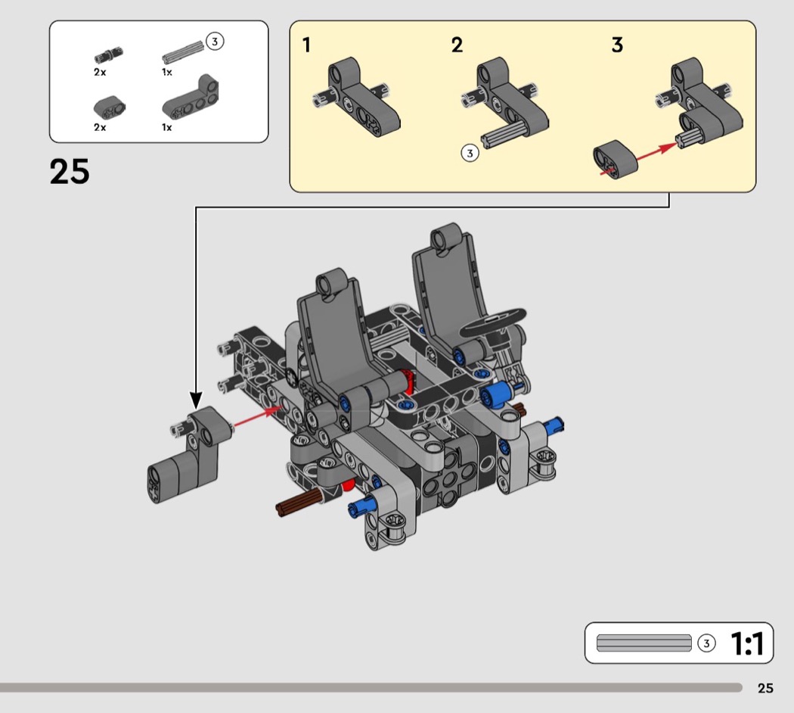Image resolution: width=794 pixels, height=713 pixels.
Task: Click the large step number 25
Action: pyautogui.click(x=70, y=171)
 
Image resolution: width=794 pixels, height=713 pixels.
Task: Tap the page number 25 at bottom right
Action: pyautogui.click(x=765, y=688)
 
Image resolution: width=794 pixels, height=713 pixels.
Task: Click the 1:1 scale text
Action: pyautogui.click(x=747, y=643)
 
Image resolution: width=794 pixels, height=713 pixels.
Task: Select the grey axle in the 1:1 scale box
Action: pyautogui.click(x=644, y=643)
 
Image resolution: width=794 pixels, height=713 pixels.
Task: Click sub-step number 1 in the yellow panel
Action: pyautogui.click(x=306, y=45)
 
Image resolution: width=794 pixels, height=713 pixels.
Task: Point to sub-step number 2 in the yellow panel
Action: pyautogui.click(x=457, y=45)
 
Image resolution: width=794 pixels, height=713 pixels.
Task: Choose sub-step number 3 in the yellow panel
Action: pyautogui.click(x=617, y=45)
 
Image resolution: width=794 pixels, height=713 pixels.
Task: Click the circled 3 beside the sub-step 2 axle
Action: pyautogui.click(x=470, y=153)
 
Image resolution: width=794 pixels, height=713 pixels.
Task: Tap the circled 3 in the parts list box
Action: pyautogui.click(x=215, y=41)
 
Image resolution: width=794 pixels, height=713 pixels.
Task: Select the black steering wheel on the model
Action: pyautogui.click(x=493, y=321)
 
